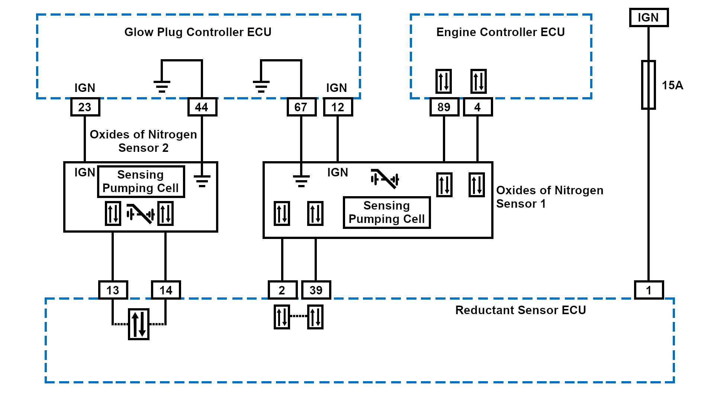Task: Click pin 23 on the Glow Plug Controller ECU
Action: tap(85, 107)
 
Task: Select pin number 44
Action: tap(202, 107)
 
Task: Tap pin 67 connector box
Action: tap(301, 107)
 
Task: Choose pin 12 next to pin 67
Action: tap(338, 107)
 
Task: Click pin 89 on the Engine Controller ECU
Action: tap(444, 107)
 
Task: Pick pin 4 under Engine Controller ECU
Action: tap(477, 107)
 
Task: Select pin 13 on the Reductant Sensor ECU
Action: tap(113, 290)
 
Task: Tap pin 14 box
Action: tap(166, 290)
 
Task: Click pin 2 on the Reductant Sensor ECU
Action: tap(282, 290)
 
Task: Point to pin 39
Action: tap(316, 290)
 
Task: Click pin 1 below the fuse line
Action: tap(649, 290)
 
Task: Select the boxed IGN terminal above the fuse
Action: tap(649, 17)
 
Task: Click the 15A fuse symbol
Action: tap(649, 85)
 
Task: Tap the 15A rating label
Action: tap(672, 85)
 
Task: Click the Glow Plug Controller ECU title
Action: tap(198, 32)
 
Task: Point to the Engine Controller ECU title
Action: tap(501, 32)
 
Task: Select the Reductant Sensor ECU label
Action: tap(521, 310)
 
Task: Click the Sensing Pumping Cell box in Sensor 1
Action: tap(387, 212)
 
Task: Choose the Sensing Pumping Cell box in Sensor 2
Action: tap(141, 181)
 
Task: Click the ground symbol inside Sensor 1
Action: tap(301, 181)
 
